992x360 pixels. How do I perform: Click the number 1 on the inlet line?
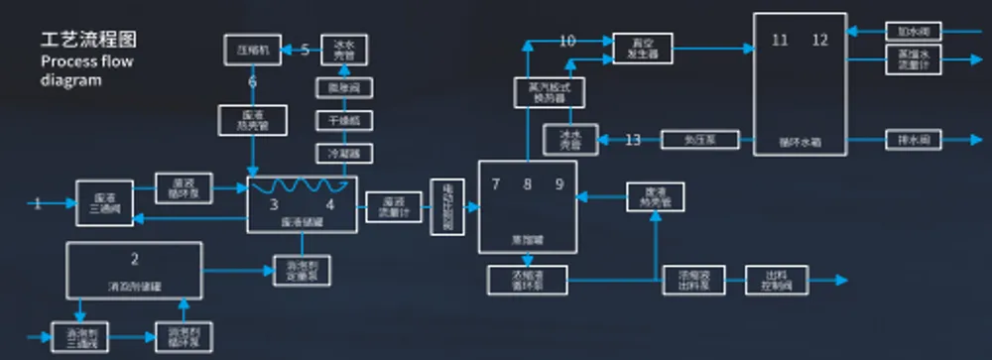pyautogui.click(x=38, y=204)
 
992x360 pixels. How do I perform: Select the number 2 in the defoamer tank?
pyautogui.click(x=134, y=260)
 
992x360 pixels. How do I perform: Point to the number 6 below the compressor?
pyautogui.click(x=252, y=81)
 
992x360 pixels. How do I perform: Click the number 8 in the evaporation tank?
pyautogui.click(x=528, y=184)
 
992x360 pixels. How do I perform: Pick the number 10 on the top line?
pyautogui.click(x=567, y=41)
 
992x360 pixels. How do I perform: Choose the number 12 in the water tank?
pyautogui.click(x=819, y=40)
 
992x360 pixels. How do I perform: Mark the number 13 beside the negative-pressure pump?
pyautogui.click(x=632, y=140)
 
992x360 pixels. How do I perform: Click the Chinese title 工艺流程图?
pyautogui.click(x=88, y=41)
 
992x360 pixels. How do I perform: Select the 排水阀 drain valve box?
pyautogui.click(x=914, y=140)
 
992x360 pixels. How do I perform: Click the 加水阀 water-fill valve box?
pyautogui.click(x=914, y=31)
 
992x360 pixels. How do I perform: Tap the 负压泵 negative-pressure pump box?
pyautogui.click(x=699, y=140)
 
